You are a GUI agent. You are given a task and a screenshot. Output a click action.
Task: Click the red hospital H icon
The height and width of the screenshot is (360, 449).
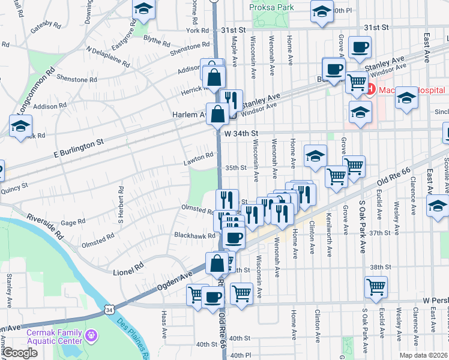click(x=370, y=90)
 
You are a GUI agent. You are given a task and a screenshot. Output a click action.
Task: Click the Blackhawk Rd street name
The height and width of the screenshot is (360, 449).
click(x=194, y=236)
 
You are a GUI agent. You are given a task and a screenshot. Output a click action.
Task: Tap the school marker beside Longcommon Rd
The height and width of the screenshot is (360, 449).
click(x=20, y=127)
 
